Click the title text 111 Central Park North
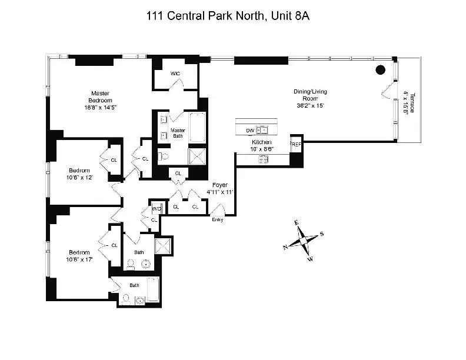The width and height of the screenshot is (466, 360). tap(228, 16)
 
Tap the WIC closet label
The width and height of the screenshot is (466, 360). tap(175, 74)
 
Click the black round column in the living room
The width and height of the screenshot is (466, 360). tap(381, 70)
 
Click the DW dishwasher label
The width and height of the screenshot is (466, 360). tap(249, 131)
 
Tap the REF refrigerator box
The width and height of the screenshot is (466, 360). tap(295, 143)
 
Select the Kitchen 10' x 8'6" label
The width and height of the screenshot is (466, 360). tap(261, 146)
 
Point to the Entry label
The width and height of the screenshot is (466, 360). tap(218, 219)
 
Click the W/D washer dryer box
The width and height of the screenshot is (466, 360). tap(156, 209)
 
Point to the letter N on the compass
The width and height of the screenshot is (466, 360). tap(285, 248)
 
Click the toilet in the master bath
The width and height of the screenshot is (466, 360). tap(164, 157)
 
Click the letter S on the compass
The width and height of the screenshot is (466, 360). tap(322, 234)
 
